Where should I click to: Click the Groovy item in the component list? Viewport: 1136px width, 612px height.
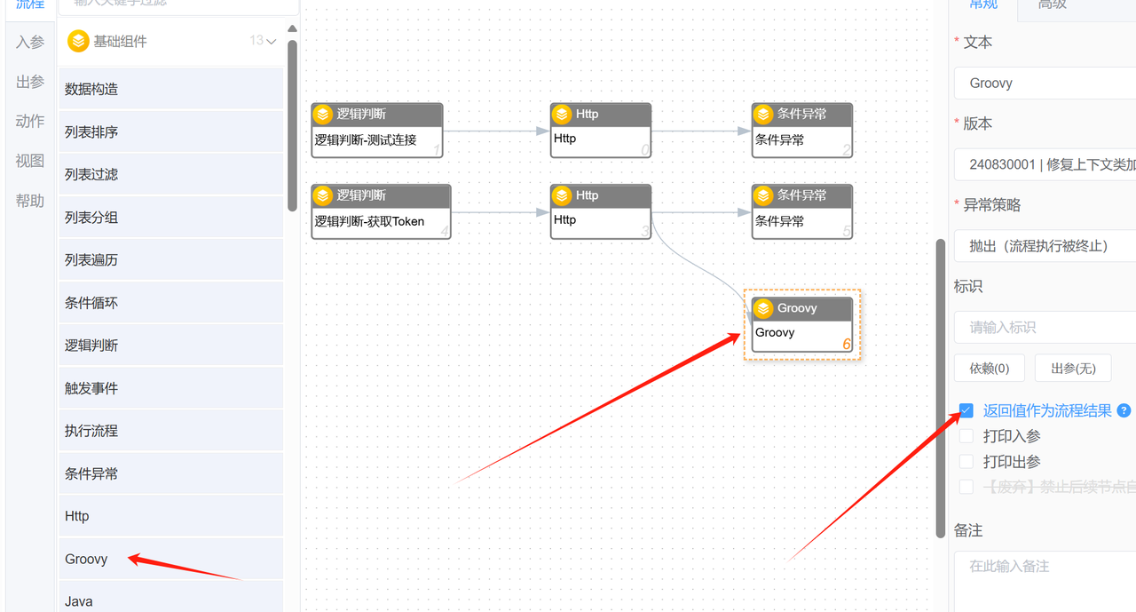86,559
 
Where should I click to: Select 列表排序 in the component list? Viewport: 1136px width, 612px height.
91,131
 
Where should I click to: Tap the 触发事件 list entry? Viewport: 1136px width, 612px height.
91,388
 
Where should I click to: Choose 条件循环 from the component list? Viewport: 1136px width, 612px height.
91,303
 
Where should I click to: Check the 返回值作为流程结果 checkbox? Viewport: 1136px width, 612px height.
966,410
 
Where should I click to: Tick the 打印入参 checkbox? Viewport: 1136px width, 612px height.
966,436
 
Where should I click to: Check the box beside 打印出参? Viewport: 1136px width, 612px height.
966,462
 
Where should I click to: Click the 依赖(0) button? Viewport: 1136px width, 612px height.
989,368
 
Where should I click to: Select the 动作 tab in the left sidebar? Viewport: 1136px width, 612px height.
30,122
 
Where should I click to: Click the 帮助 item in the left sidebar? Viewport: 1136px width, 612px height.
30,202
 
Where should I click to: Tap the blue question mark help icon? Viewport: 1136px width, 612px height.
1124,410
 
